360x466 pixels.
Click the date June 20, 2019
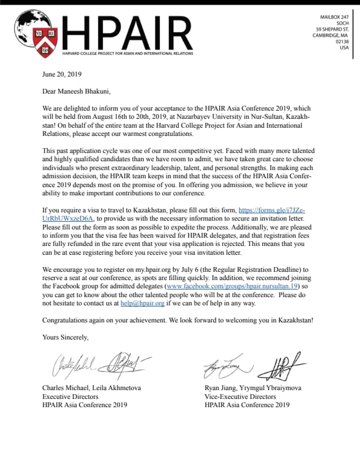pyautogui.click(x=62, y=75)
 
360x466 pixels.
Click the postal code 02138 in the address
pyautogui.click(x=342, y=41)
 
